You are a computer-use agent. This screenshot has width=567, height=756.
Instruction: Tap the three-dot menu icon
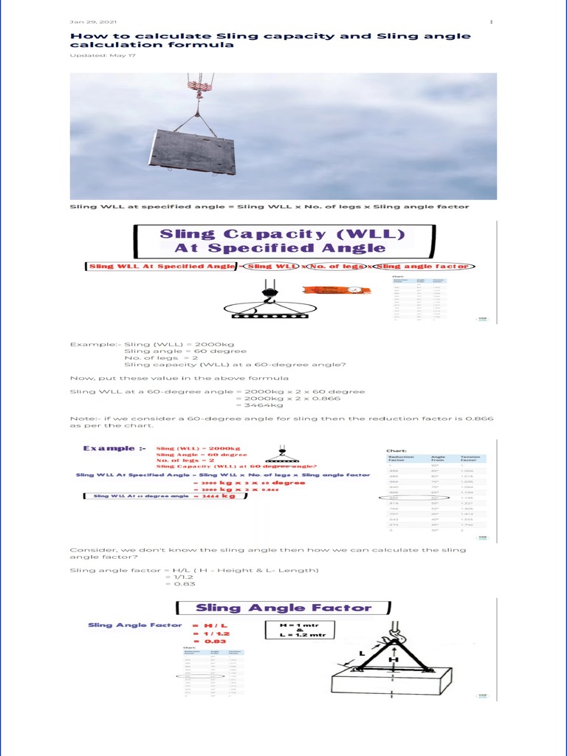492,22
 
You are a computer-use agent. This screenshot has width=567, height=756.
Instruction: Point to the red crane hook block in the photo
197,86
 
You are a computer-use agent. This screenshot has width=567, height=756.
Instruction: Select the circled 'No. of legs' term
336,267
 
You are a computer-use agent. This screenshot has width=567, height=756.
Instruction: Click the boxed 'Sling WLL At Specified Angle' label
160,267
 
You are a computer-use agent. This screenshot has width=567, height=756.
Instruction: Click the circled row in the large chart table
416,497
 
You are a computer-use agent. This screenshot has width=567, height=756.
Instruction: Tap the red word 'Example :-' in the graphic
109,448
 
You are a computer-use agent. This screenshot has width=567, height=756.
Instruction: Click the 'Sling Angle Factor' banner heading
283,608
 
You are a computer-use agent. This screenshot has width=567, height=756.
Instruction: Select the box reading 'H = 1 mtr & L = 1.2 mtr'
300,630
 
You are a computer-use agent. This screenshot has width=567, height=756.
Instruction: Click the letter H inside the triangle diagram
394,659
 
